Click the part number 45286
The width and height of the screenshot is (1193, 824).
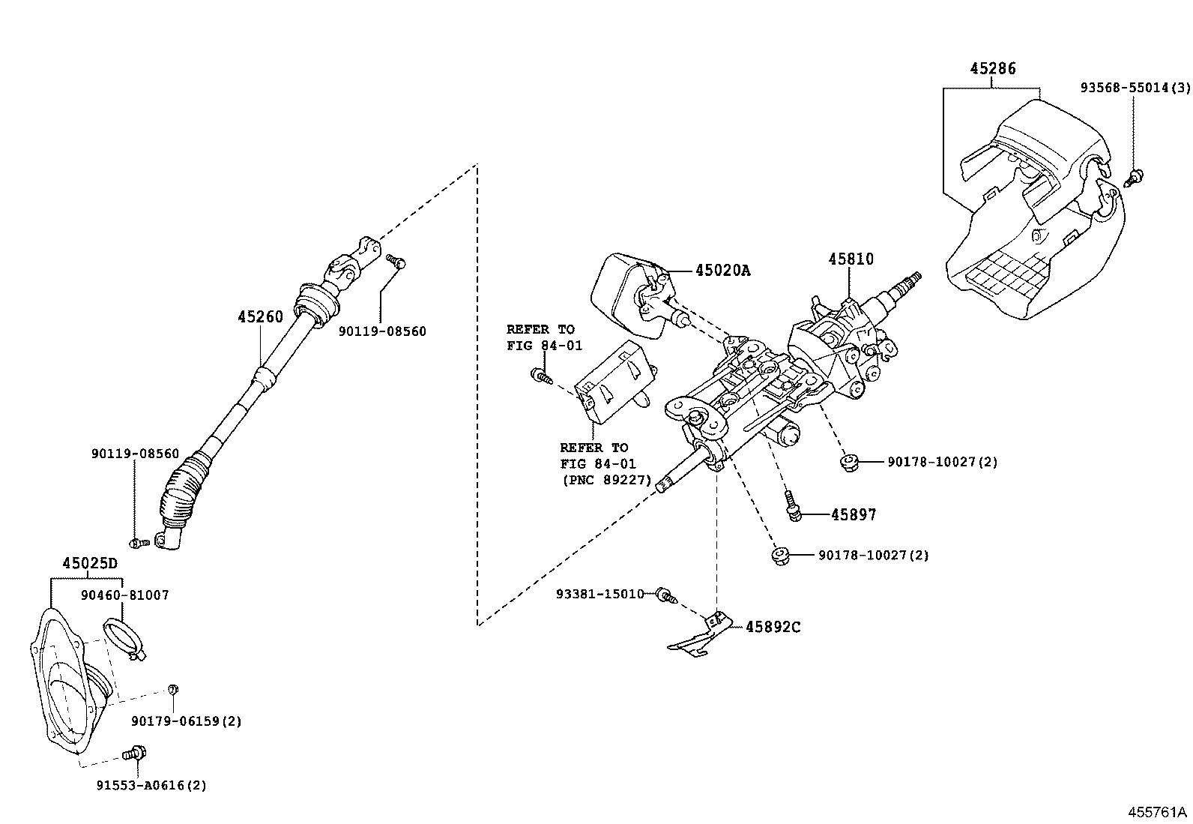click(x=993, y=69)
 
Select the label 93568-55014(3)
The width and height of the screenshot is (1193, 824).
click(x=1135, y=88)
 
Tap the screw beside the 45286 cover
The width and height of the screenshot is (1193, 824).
click(x=1135, y=177)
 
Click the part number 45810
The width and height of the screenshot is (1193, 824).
click(x=851, y=259)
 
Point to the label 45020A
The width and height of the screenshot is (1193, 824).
click(x=722, y=271)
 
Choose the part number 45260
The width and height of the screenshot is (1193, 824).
click(x=260, y=317)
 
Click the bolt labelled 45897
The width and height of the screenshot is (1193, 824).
click(x=794, y=508)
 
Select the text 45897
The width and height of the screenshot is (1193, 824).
click(x=854, y=515)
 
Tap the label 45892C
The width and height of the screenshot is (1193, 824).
click(x=773, y=627)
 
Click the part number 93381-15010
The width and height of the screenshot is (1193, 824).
click(x=599, y=594)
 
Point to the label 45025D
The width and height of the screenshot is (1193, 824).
click(x=90, y=563)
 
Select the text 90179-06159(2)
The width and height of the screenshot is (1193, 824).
click(x=186, y=721)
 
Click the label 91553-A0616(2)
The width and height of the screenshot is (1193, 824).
click(x=151, y=786)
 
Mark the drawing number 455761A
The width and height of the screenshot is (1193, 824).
click(x=1159, y=812)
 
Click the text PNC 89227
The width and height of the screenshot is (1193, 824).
click(x=606, y=481)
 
